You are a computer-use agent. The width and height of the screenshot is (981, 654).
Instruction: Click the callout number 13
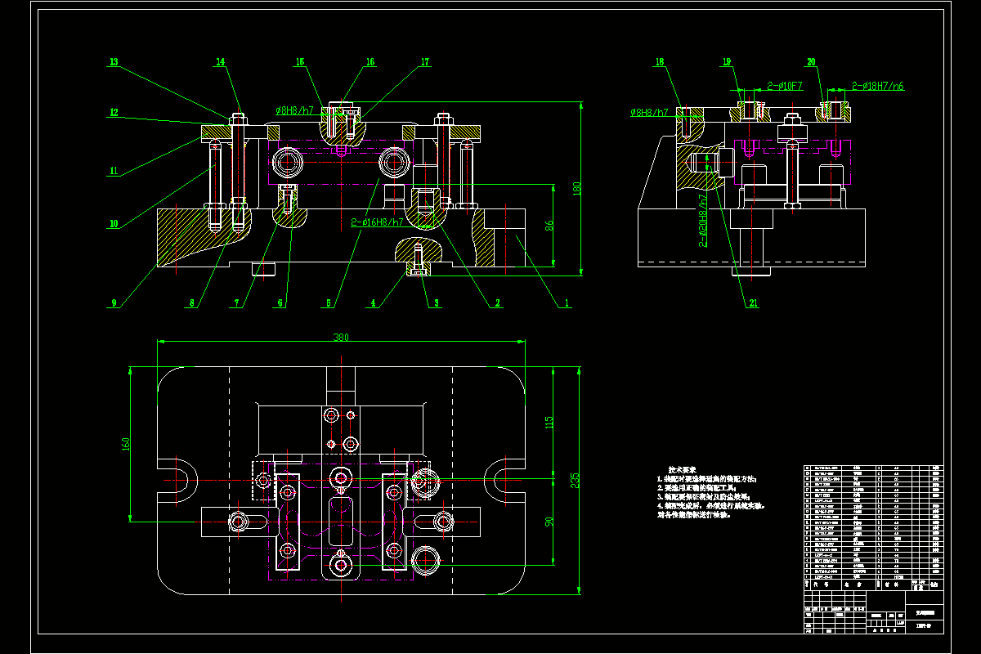pyautogui.click(x=114, y=62)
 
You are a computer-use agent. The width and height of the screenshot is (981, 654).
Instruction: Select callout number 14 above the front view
pyautogui.click(x=220, y=62)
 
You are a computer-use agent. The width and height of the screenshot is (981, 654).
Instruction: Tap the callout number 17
pyautogui.click(x=425, y=62)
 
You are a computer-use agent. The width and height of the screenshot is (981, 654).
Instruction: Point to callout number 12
pyautogui.click(x=114, y=113)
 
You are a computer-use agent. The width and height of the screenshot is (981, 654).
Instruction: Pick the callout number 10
pyautogui.click(x=114, y=223)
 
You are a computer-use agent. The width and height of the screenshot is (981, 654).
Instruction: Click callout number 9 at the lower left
pyautogui.click(x=114, y=303)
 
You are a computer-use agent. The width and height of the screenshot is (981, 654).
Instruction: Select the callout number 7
pyautogui.click(x=237, y=303)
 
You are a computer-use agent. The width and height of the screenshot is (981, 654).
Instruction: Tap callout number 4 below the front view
pyautogui.click(x=373, y=303)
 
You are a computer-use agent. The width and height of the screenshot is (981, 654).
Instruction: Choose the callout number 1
pyautogui.click(x=565, y=303)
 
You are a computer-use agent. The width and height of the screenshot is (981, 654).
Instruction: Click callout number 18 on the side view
pyautogui.click(x=660, y=62)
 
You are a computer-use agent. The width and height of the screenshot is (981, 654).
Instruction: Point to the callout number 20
pyautogui.click(x=811, y=62)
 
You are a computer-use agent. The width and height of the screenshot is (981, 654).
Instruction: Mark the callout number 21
pyautogui.click(x=753, y=303)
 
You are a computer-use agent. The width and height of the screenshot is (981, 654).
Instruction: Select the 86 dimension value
pyautogui.click(x=550, y=225)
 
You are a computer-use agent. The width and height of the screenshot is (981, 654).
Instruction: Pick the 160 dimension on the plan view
pyautogui.click(x=125, y=444)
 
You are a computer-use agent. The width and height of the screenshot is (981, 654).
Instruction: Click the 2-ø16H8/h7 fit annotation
pyautogui.click(x=377, y=222)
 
